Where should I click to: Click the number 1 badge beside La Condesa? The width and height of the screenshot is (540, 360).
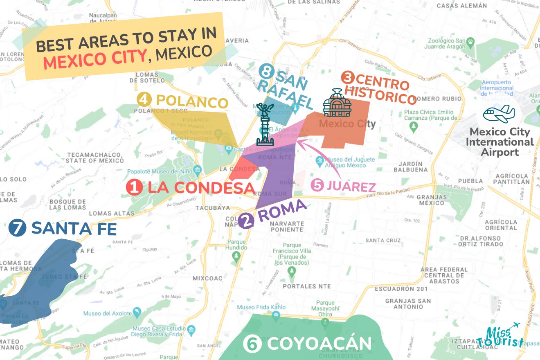135,188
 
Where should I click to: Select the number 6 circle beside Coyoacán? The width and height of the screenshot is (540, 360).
252,344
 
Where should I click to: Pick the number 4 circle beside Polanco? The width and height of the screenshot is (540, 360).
143,99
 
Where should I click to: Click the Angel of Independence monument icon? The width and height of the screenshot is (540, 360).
265,125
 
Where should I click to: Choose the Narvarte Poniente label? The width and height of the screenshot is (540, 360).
287,227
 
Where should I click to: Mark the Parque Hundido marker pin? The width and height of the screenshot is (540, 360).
236,256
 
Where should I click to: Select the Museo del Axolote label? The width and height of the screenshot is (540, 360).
108,314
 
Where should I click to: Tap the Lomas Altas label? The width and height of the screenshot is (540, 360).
106,213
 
